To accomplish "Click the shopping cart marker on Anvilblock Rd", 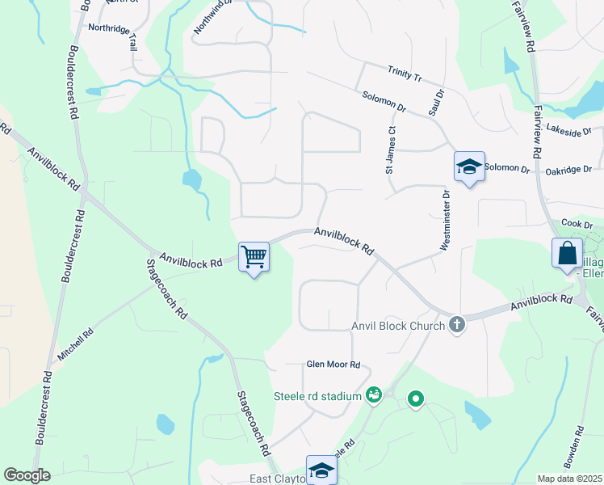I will click(254, 258).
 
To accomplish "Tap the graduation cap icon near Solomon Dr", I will click(469, 167).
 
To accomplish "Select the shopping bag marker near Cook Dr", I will click(567, 253).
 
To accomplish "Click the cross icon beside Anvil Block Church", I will click(457, 325).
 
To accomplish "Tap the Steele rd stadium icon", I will click(373, 395).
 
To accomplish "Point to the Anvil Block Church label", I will click(398, 327).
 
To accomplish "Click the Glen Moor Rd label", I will click(333, 365).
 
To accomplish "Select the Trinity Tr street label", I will click(405, 73).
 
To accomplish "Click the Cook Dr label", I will click(577, 224).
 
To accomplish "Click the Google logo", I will click(27, 475).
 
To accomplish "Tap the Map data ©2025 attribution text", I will click(570, 479).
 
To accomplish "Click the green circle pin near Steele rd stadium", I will click(416, 399).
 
